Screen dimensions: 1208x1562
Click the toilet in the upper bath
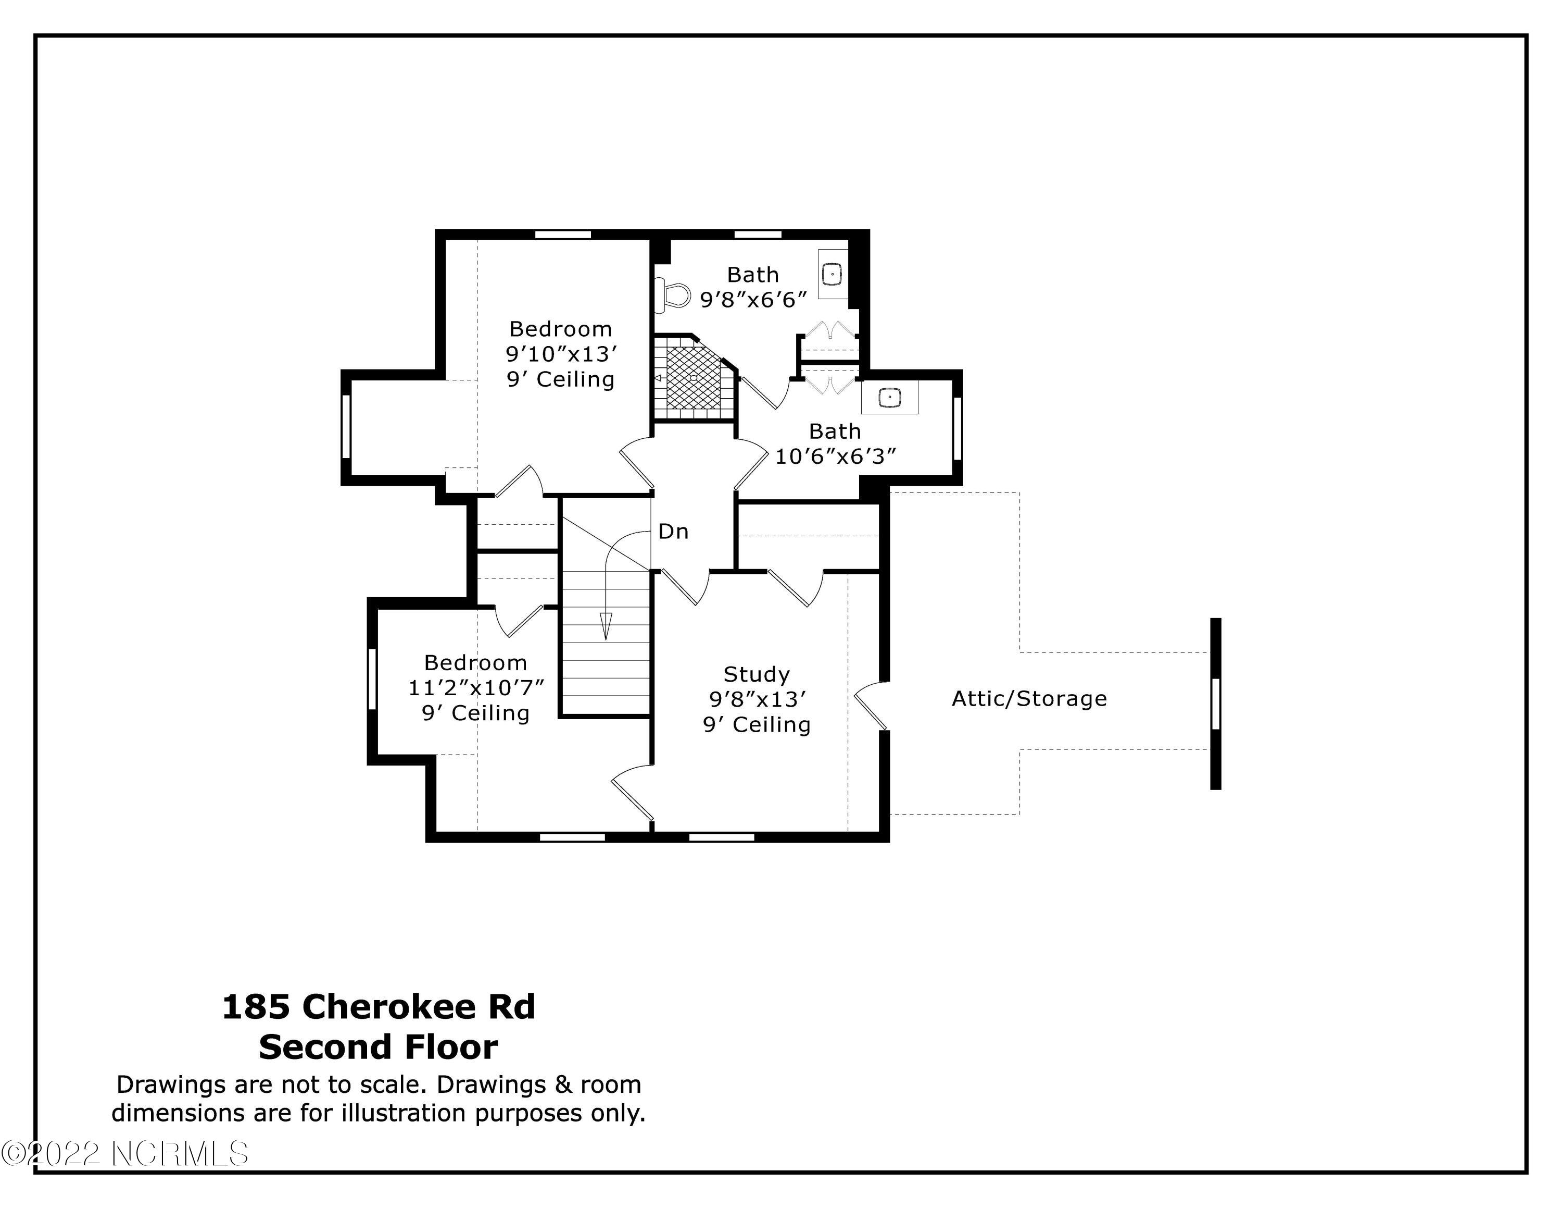pyautogui.click(x=672, y=294)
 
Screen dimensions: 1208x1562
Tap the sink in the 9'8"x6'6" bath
pyautogui.click(x=833, y=274)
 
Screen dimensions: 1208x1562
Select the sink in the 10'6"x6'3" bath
pyautogui.click(x=889, y=397)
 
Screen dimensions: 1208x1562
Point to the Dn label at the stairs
pyautogui.click(x=673, y=531)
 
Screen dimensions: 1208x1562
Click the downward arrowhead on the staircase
pyautogui.click(x=606, y=626)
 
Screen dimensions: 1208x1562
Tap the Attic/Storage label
pyautogui.click(x=1028, y=698)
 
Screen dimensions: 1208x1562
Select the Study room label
pyautogui.click(x=756, y=674)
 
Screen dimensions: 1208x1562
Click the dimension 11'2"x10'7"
pyautogui.click(x=475, y=688)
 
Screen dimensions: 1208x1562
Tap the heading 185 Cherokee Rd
pyautogui.click(x=379, y=1006)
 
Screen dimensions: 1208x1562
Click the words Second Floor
pyautogui.click(x=379, y=1046)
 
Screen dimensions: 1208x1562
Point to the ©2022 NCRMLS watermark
pyautogui.click(x=124, y=1154)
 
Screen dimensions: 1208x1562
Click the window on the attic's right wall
pyautogui.click(x=1215, y=704)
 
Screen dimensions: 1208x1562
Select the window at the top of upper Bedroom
pyautogui.click(x=563, y=234)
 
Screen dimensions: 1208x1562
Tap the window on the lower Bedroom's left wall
pyautogui.click(x=372, y=679)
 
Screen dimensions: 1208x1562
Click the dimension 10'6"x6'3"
pyautogui.click(x=835, y=456)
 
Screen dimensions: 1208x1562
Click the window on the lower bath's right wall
pyautogui.click(x=957, y=428)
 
